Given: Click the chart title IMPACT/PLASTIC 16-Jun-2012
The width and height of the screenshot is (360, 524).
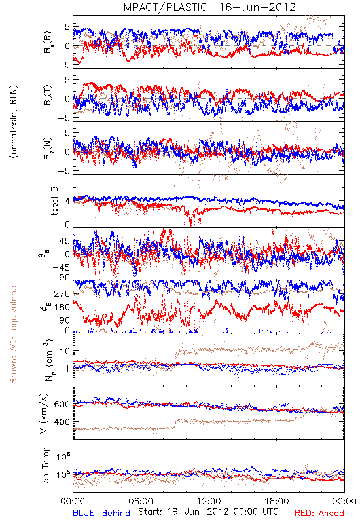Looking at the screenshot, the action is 208,7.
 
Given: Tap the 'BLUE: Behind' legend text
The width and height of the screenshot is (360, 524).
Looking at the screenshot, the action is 101,513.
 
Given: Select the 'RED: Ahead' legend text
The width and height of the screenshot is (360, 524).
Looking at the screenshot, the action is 319,513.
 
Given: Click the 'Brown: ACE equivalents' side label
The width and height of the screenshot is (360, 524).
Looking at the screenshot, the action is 13,333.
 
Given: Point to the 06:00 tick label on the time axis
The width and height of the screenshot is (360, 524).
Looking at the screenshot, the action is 141,501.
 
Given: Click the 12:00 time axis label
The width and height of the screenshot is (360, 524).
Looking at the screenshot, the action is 209,501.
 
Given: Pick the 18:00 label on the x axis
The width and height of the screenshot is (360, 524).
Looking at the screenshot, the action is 276,501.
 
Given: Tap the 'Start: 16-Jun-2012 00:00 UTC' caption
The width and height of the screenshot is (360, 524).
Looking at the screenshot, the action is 208,512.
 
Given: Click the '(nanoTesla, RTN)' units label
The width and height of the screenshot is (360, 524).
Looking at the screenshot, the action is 14,122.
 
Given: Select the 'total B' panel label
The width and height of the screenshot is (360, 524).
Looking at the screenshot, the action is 54,201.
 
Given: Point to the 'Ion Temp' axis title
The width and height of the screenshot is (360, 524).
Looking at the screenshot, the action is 46,466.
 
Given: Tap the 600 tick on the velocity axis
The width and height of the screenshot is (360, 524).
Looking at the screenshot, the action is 62,404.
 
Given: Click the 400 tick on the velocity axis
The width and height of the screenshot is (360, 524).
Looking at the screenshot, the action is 62,422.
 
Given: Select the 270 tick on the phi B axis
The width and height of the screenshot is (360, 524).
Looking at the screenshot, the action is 62,294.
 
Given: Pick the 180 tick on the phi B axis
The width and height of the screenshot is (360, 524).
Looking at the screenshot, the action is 62,307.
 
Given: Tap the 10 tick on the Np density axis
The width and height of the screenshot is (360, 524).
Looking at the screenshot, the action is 65,351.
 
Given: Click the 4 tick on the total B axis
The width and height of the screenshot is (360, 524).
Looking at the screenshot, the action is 67,201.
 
